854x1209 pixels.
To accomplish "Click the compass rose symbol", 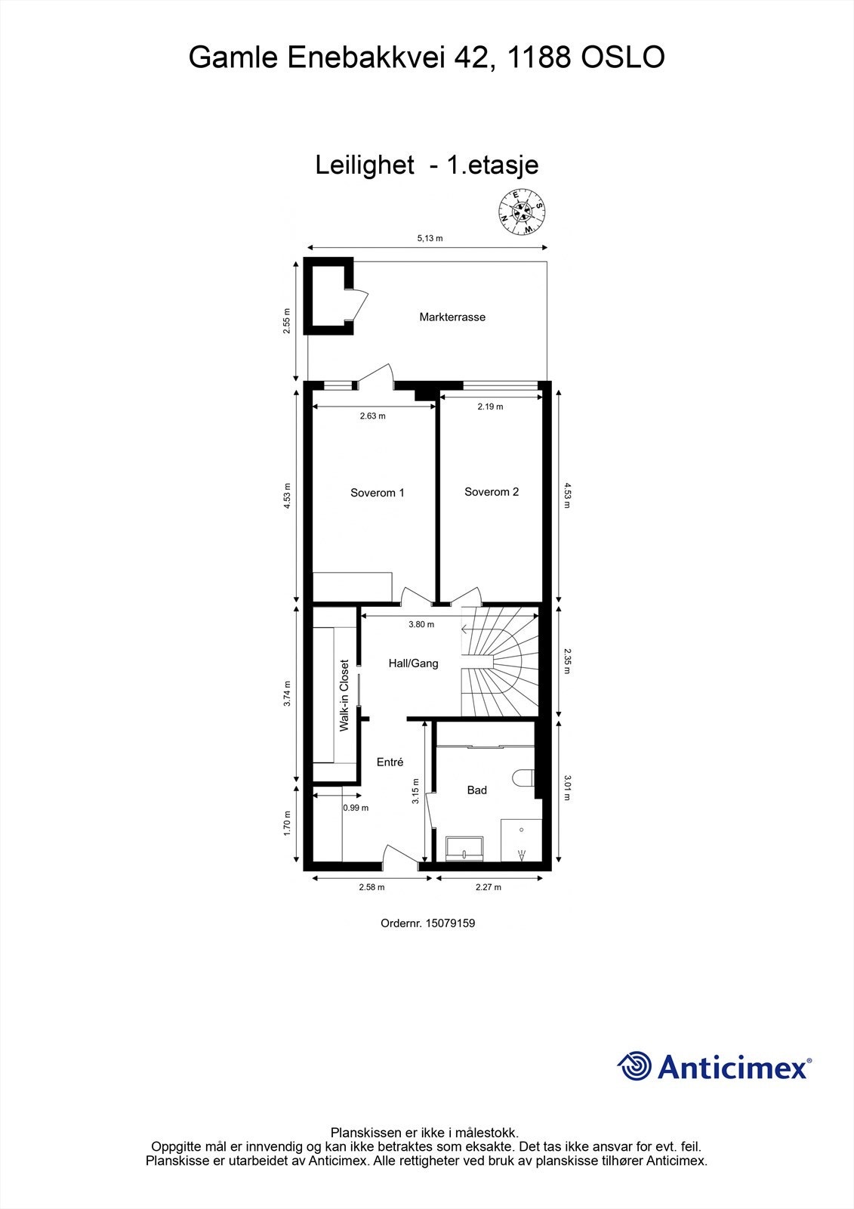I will (523, 212).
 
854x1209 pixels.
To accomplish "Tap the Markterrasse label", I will (452, 317).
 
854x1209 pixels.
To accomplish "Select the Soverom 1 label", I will (378, 493).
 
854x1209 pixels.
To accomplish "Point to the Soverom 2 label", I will (492, 492).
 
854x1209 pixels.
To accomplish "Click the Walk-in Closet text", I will (344, 696).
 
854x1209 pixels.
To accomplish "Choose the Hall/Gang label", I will (413, 663).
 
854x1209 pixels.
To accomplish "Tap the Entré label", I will (390, 762).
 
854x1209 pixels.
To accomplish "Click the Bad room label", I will (476, 790).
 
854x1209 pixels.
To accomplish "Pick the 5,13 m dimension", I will (430, 238).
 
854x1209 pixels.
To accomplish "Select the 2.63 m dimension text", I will (372, 416).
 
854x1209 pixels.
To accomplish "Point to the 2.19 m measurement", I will (490, 407).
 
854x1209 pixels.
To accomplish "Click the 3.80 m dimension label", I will (421, 624).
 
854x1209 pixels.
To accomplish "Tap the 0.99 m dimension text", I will (356, 808).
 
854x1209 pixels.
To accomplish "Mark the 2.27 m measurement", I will (488, 887).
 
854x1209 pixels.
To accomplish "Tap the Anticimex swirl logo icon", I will (634, 1066).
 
